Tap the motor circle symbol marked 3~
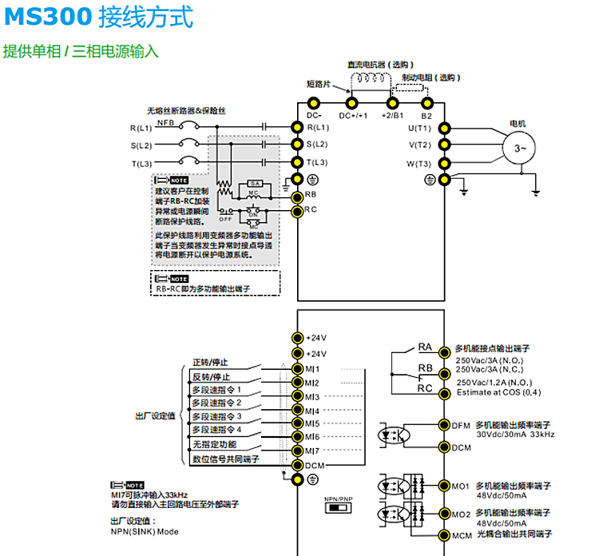pyautogui.click(x=520, y=149)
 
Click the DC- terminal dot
pyautogui.click(x=313, y=102)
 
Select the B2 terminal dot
pyautogui.click(x=426, y=102)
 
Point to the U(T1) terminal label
pyautogui.click(x=419, y=128)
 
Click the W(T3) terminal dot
pyautogui.click(x=444, y=164)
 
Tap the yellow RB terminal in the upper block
pyautogui.click(x=297, y=196)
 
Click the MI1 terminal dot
pyautogui.click(x=297, y=369)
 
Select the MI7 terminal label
pyautogui.click(x=311, y=451)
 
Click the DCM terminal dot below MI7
pyautogui.click(x=297, y=465)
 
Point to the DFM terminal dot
pyautogui.click(x=444, y=425)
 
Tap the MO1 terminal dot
pyautogui.click(x=444, y=485)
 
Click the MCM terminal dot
pyautogui.click(x=444, y=535)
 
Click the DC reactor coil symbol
pyautogui.click(x=371, y=79)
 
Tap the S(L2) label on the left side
pyautogui.click(x=141, y=145)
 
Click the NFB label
pyautogui.click(x=165, y=123)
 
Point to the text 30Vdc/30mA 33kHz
pyautogui.click(x=515, y=435)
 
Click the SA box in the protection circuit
pyautogui.click(x=254, y=184)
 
